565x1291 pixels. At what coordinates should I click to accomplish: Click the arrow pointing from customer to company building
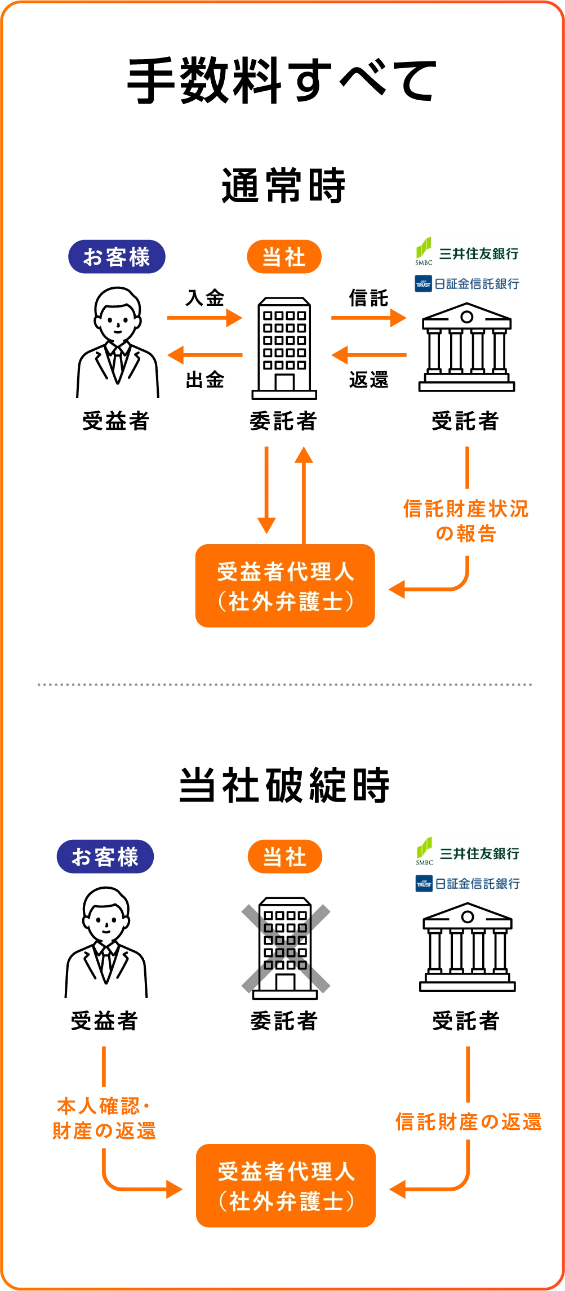point(204,318)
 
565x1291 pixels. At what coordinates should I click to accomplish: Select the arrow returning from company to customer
point(205,355)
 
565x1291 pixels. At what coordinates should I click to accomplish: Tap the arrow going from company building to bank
point(368,318)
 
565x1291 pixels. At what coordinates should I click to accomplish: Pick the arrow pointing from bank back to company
point(369,355)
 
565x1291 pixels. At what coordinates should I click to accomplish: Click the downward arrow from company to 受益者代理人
point(266,490)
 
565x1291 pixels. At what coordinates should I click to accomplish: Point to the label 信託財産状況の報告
point(466,521)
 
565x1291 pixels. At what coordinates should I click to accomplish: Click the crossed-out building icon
point(286,947)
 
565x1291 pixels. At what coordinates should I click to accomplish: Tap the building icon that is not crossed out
point(284,348)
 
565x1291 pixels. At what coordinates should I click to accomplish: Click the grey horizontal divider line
point(283,685)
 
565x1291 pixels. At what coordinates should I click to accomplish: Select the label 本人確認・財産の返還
point(104,1119)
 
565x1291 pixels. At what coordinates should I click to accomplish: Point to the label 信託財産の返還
point(468,1121)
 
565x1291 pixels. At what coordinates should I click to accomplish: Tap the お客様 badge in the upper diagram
point(117,257)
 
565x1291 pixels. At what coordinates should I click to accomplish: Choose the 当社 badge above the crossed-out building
point(285,857)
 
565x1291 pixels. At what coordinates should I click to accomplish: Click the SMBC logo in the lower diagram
point(466,852)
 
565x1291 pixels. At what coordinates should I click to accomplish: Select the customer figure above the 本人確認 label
point(106,944)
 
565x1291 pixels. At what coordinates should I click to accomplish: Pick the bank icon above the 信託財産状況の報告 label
point(466,347)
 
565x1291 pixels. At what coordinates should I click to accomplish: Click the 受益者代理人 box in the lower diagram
point(286,1185)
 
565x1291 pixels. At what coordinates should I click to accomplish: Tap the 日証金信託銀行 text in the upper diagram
point(466,283)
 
